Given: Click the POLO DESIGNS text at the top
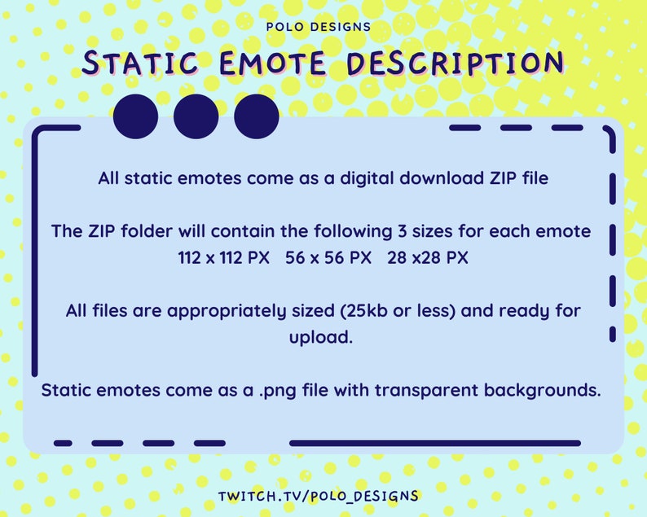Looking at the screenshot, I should tap(319, 26).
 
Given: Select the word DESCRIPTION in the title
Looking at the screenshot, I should tap(456, 64).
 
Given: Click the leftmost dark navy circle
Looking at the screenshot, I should tap(136, 116).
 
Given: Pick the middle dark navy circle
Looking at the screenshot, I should tap(196, 116).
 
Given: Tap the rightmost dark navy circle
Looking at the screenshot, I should tap(257, 116).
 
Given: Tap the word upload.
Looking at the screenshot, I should tap(321, 336).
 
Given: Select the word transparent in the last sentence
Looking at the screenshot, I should tap(429, 390).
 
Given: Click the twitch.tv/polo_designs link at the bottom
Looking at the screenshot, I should tap(319, 496).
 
